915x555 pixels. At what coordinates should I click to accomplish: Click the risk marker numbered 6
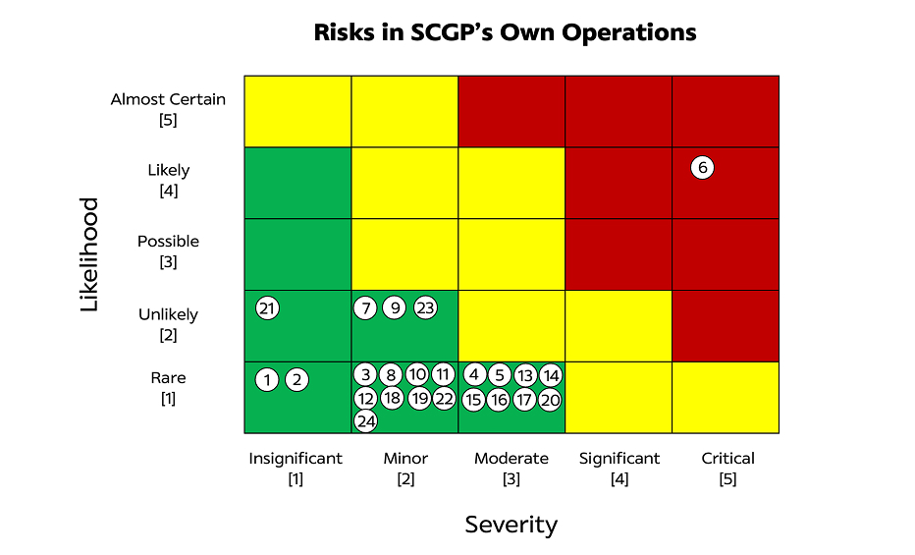(x=702, y=168)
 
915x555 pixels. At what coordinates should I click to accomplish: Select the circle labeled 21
(x=267, y=308)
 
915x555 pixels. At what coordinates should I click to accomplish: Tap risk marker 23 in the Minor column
(x=425, y=307)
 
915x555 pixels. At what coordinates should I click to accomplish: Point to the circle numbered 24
(x=366, y=420)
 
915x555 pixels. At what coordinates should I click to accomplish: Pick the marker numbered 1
(x=267, y=380)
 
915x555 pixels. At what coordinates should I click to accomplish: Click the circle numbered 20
(x=550, y=400)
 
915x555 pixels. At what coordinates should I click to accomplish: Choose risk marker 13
(x=525, y=375)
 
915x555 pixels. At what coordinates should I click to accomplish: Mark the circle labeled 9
(x=395, y=307)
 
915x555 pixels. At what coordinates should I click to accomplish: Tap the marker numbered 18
(x=392, y=398)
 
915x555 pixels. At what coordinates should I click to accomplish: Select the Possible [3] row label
(x=168, y=251)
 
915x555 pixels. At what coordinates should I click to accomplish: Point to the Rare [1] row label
(x=168, y=388)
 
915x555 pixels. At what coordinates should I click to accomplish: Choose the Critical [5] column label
(x=727, y=469)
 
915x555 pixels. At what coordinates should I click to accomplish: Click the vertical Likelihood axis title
(x=89, y=254)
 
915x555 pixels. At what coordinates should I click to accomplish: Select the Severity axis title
(x=511, y=525)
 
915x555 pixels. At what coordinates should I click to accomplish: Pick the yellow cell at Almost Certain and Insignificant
(x=297, y=111)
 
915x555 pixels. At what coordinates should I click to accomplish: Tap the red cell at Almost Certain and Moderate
(x=511, y=111)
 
